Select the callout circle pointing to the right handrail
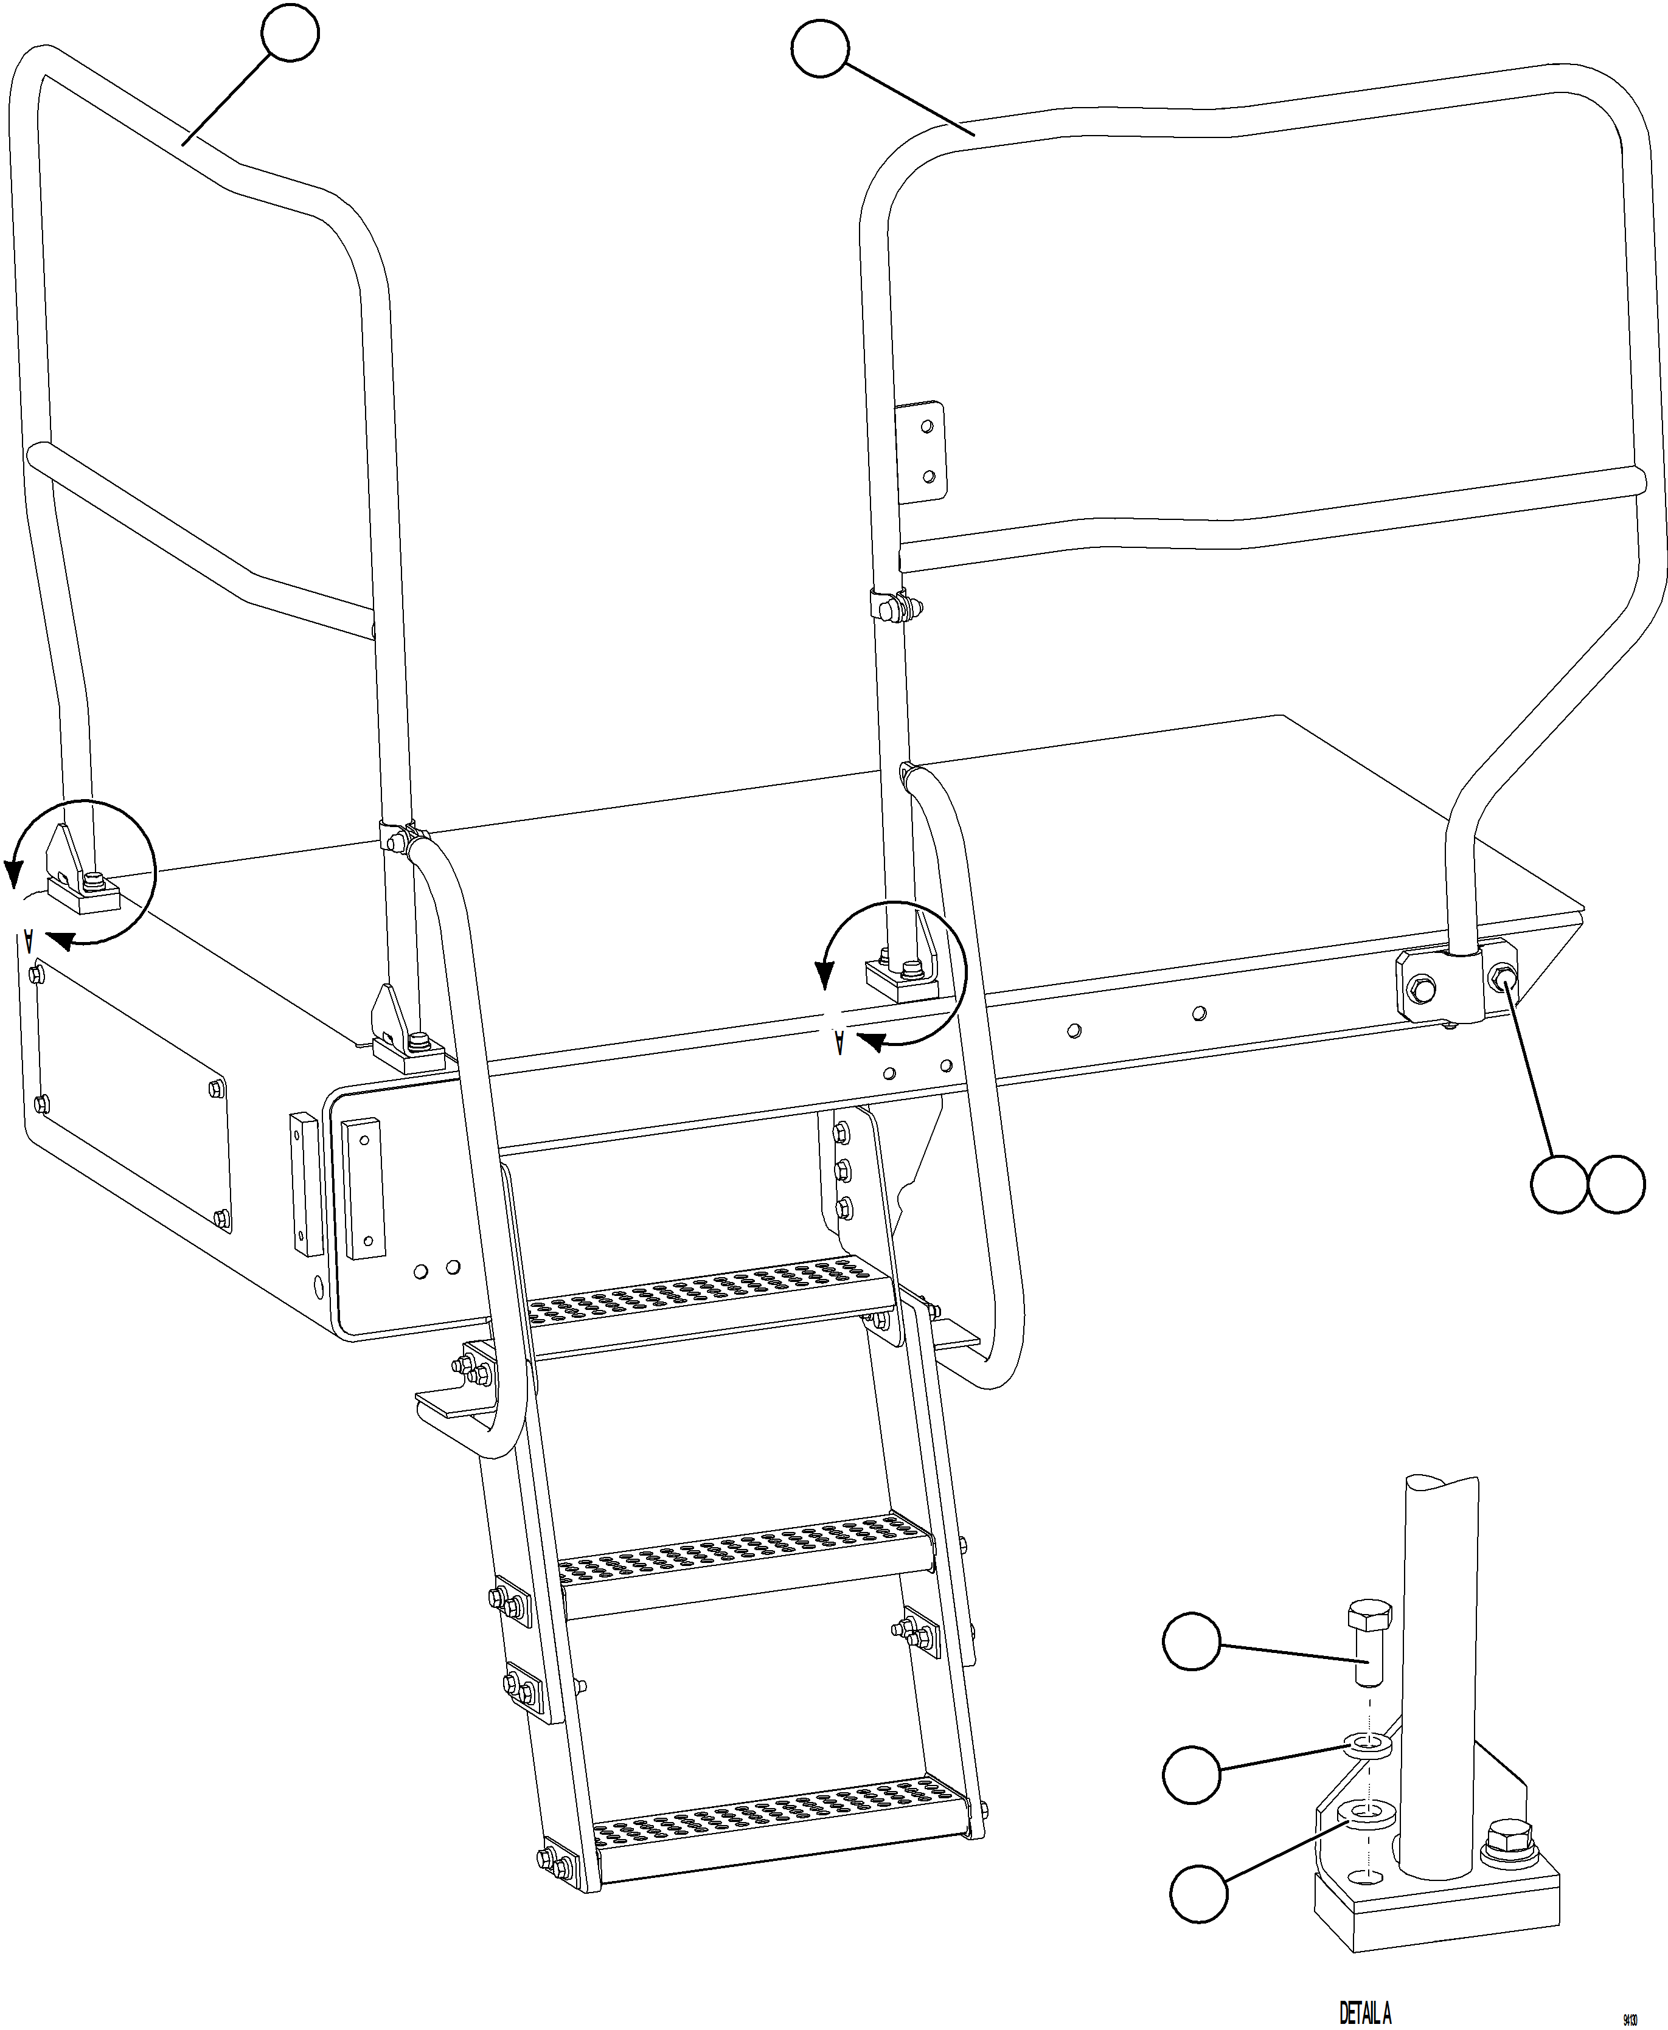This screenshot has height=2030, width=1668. pyautogui.click(x=819, y=49)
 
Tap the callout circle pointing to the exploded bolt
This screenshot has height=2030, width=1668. pyautogui.click(x=1192, y=1642)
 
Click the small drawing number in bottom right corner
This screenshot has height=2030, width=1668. pyautogui.click(x=1630, y=2013)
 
